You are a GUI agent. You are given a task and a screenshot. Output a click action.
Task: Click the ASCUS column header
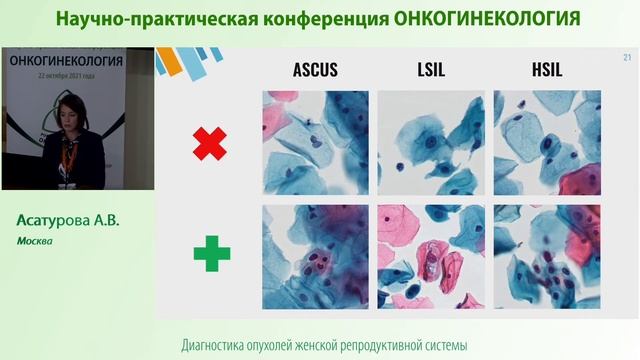[x=315, y=70]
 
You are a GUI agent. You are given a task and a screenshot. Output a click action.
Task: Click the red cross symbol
[x=210, y=142]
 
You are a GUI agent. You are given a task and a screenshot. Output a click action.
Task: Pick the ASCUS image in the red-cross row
[x=315, y=142]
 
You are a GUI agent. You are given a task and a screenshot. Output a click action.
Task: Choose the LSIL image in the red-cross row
[x=431, y=142]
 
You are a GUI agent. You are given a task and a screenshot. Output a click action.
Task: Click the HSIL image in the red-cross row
[x=546, y=142]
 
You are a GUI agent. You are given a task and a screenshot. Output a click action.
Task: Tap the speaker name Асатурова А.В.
[x=67, y=221]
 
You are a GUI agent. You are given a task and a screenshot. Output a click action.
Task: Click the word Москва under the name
[x=33, y=241]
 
